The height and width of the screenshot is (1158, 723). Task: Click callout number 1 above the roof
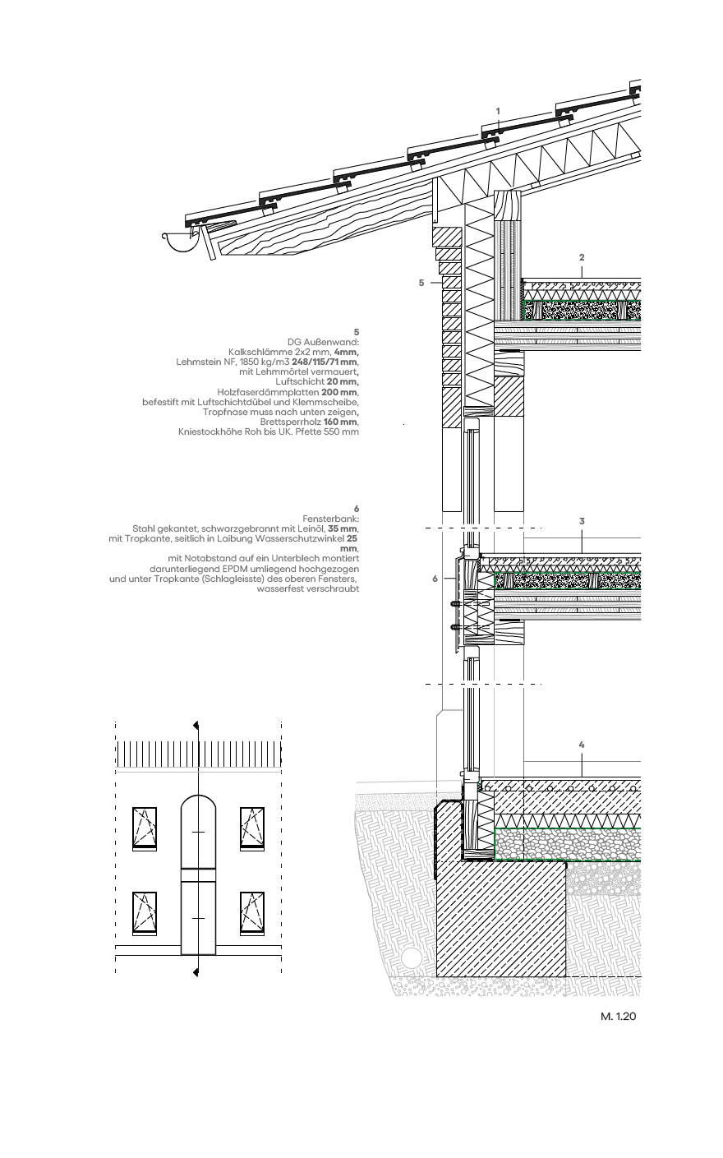pos(498,111)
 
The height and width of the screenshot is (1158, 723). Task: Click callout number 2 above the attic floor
pos(582,257)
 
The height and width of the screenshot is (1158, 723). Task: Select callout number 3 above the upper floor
pos(582,521)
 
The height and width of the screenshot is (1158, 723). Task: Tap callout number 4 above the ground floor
pos(582,745)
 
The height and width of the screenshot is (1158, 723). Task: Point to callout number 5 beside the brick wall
pos(421,283)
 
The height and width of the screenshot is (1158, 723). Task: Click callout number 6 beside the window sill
pos(435,579)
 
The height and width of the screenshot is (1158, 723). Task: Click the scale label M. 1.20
pos(618,1017)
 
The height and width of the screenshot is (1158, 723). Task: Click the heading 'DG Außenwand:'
pos(323,342)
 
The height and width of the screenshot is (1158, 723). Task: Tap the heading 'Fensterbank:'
pos(331,519)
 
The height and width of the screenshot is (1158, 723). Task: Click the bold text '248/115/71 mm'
pos(325,362)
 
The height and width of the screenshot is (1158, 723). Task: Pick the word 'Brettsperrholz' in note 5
pos(291,422)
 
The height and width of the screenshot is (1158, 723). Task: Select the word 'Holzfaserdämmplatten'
pos(268,392)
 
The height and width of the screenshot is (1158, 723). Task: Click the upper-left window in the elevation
pos(145,828)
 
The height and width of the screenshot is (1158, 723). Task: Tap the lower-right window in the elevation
pos(252,913)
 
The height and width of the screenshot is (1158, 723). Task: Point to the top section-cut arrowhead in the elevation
pos(196,726)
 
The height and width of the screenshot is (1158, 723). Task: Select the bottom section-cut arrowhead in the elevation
pos(196,973)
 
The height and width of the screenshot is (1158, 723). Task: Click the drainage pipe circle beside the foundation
pos(411,958)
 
